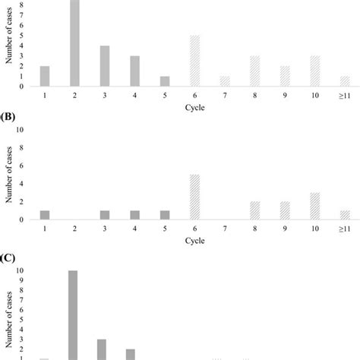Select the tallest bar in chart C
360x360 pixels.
[x=73, y=314]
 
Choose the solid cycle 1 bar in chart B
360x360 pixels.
[x=45, y=215]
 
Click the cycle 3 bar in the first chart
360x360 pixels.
[x=106, y=66]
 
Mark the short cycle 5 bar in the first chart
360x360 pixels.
[x=165, y=81]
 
